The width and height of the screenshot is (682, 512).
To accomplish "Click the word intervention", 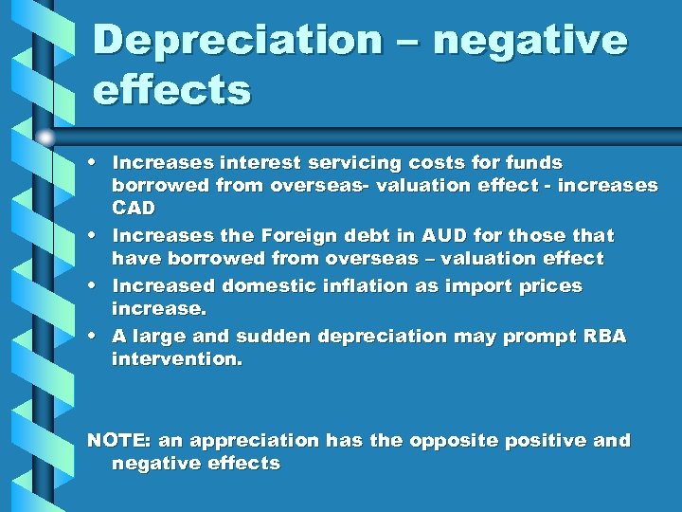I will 177,359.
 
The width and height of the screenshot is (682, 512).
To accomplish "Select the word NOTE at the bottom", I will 119,441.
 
